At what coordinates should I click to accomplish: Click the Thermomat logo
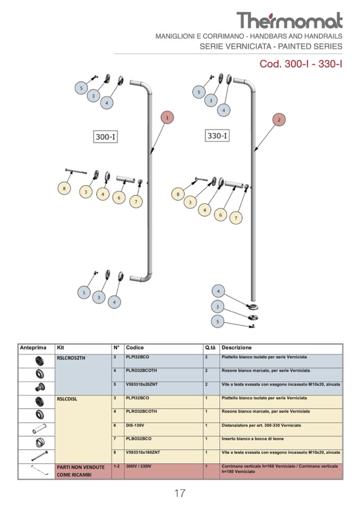[289, 20]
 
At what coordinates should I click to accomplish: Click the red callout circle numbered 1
[167, 117]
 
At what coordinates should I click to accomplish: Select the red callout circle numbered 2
[279, 120]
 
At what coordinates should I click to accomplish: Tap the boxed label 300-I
[105, 136]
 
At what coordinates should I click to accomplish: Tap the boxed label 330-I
[217, 136]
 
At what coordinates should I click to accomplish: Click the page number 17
[179, 493]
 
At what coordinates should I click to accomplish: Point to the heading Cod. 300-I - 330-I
[301, 64]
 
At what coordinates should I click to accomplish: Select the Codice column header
[135, 348]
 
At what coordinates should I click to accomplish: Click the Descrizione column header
[236, 348]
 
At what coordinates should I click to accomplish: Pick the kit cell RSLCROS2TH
[71, 358]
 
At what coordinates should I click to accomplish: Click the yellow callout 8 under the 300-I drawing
[64, 188]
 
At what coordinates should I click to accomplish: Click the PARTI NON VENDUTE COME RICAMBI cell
[80, 471]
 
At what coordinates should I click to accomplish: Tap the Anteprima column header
[33, 348]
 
